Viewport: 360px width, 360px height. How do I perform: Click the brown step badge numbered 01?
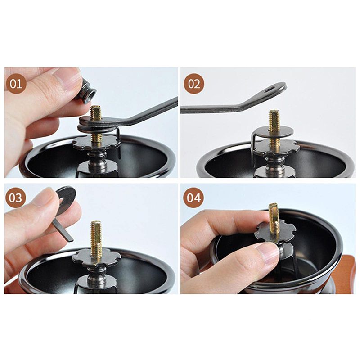16,84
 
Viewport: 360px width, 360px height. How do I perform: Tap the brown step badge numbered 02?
194,84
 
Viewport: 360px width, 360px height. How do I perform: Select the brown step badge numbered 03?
15,198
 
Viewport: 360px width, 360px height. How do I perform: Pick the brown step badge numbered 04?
193,198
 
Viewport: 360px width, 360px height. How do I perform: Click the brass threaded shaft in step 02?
274,131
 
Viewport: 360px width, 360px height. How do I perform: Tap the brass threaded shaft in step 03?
96,240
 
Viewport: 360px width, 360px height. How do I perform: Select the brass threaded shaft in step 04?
274,220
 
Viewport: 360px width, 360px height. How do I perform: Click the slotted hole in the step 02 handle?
270,89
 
